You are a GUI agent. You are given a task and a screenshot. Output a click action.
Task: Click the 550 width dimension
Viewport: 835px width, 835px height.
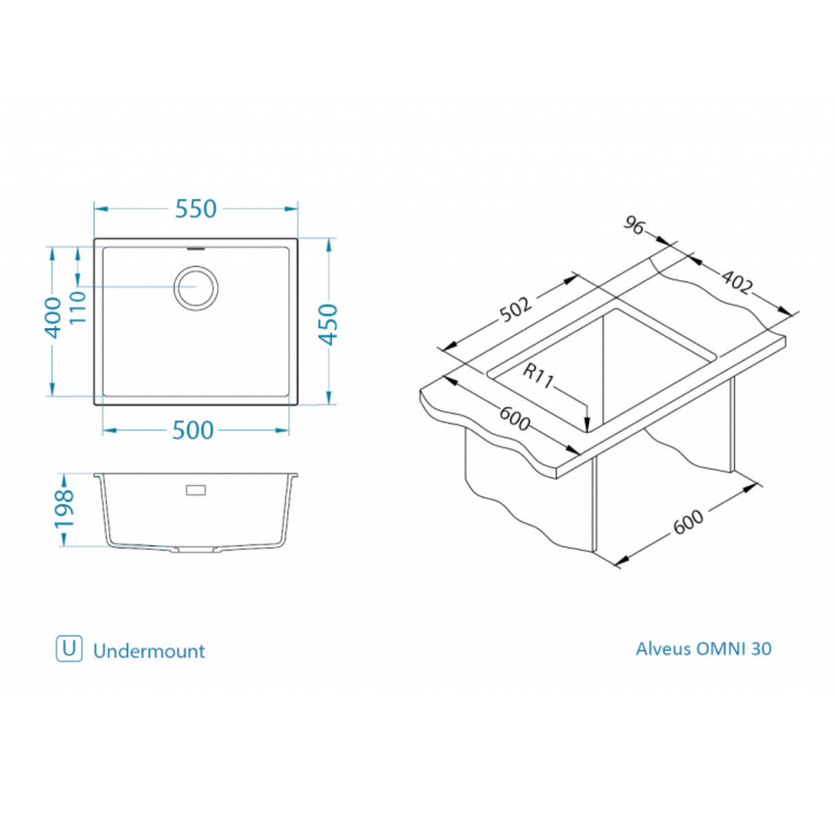pos(196,208)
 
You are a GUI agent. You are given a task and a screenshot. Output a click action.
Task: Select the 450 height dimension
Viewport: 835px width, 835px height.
pos(329,323)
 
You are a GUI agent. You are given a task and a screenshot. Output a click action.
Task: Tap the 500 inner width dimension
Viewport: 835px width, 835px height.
pos(193,431)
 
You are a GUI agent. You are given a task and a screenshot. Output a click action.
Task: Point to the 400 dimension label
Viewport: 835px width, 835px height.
pos(52,317)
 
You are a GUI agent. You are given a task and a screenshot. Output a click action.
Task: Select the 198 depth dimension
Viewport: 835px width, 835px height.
pos(64,509)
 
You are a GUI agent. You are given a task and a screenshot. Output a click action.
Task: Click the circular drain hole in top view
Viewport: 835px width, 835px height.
pos(196,287)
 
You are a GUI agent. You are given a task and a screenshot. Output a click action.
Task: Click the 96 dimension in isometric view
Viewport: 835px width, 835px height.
pos(634,225)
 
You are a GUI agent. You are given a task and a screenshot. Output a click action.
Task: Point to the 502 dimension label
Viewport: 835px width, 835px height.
pos(516,309)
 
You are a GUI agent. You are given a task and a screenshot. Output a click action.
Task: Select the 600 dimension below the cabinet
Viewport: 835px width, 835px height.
pos(688,521)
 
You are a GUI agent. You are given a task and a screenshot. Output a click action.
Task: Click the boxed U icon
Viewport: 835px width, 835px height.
pos(69,649)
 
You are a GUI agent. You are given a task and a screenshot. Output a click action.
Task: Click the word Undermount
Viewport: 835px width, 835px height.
pos(149,651)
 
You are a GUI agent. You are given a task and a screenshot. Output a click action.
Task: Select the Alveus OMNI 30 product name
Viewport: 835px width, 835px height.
pos(703,649)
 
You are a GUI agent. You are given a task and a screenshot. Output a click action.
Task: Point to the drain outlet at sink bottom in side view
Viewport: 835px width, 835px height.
pos(196,550)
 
